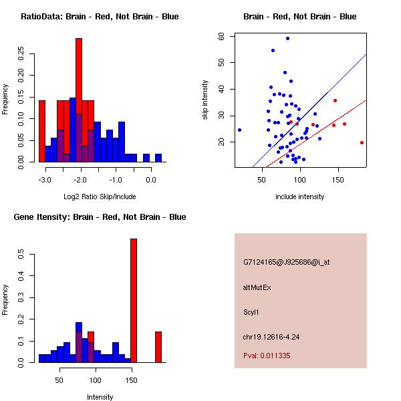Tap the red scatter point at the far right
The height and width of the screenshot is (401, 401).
coord(362,142)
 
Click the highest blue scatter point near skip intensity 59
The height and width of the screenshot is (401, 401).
coord(287,39)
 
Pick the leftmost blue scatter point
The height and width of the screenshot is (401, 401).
coord(239,130)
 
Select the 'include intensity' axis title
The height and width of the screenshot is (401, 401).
coord(300,197)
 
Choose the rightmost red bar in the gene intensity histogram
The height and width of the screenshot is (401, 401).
coord(158,347)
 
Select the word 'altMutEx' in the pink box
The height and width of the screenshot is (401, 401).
coord(257,287)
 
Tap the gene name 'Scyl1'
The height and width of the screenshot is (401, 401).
coord(252,311)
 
